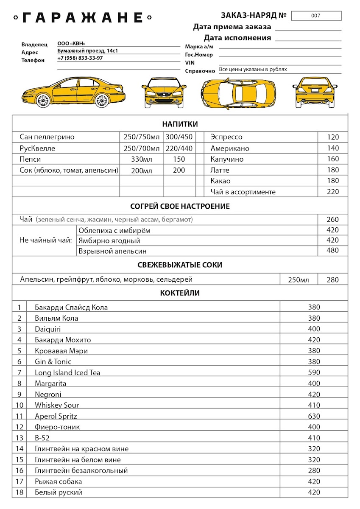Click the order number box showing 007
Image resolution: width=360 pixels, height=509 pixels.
316,16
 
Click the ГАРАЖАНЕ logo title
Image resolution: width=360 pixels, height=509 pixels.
82,18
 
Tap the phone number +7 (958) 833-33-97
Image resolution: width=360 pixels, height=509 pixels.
80,58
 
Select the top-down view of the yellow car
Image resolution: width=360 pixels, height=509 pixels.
238,92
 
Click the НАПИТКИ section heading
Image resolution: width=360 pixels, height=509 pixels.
180,124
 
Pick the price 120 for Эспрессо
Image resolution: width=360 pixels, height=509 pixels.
333,137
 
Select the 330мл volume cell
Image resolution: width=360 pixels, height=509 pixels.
142,159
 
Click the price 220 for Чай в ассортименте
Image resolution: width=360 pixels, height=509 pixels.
333,192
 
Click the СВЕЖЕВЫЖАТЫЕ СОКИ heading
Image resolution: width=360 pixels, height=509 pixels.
180,265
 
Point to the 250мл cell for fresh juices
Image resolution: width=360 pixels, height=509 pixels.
299,280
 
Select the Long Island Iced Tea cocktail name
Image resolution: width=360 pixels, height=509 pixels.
67,372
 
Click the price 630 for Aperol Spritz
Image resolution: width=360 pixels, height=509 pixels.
314,416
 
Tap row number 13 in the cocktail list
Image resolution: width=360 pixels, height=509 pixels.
20,438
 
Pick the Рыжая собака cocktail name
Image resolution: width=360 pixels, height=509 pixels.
59,481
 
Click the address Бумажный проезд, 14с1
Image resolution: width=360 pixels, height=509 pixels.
87,51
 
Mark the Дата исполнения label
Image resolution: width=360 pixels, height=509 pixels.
237,38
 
